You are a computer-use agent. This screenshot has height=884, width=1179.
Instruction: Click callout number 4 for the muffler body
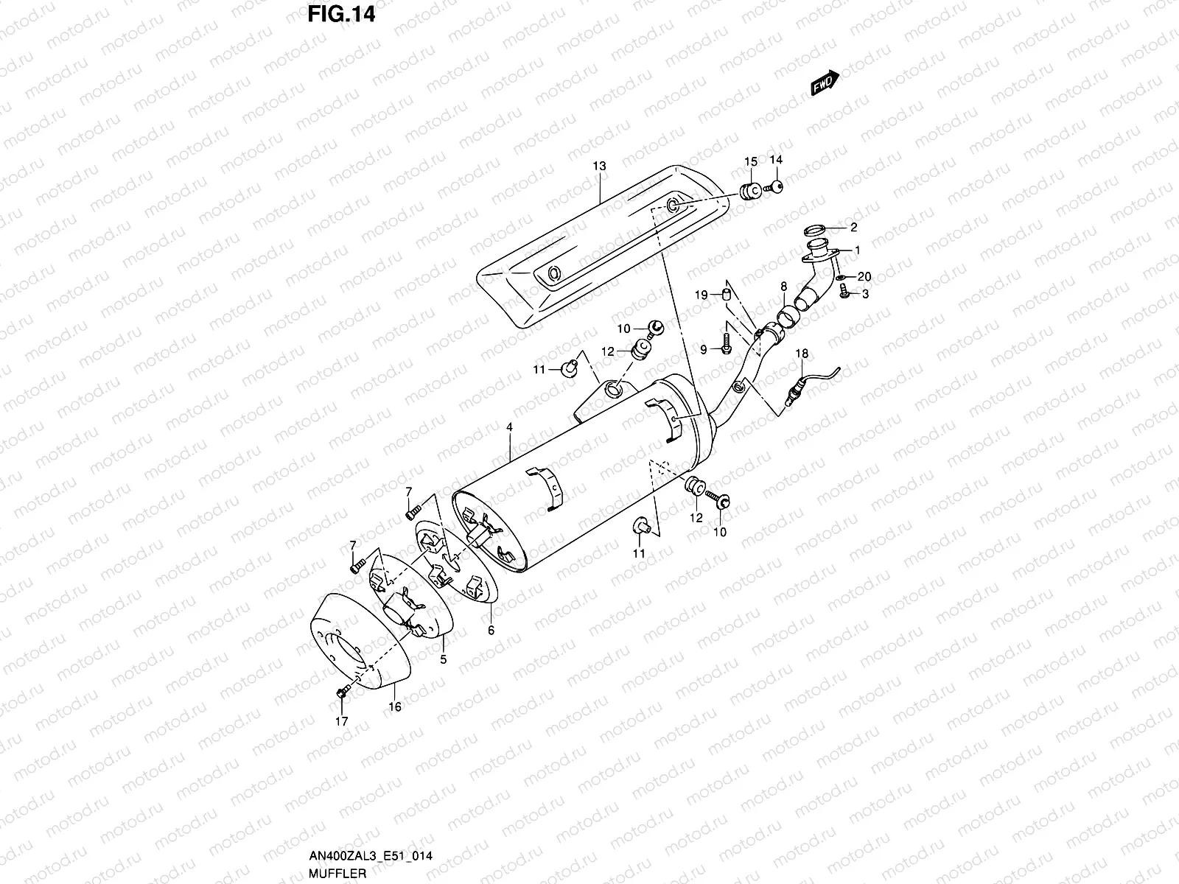(x=509, y=427)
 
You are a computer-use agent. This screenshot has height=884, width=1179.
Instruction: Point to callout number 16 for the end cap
(x=395, y=706)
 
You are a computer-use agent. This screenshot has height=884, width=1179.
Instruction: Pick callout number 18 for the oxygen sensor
(x=802, y=354)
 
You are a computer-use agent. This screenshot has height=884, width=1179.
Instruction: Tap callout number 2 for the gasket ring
(x=853, y=227)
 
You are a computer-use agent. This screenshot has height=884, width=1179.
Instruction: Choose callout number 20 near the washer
(x=864, y=277)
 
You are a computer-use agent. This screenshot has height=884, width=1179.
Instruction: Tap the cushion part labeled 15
(x=749, y=192)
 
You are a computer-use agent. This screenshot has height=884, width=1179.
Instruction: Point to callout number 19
(x=702, y=295)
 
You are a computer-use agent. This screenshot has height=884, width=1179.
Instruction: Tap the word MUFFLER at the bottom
(x=337, y=872)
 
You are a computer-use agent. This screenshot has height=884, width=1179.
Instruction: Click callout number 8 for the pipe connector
(x=783, y=286)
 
